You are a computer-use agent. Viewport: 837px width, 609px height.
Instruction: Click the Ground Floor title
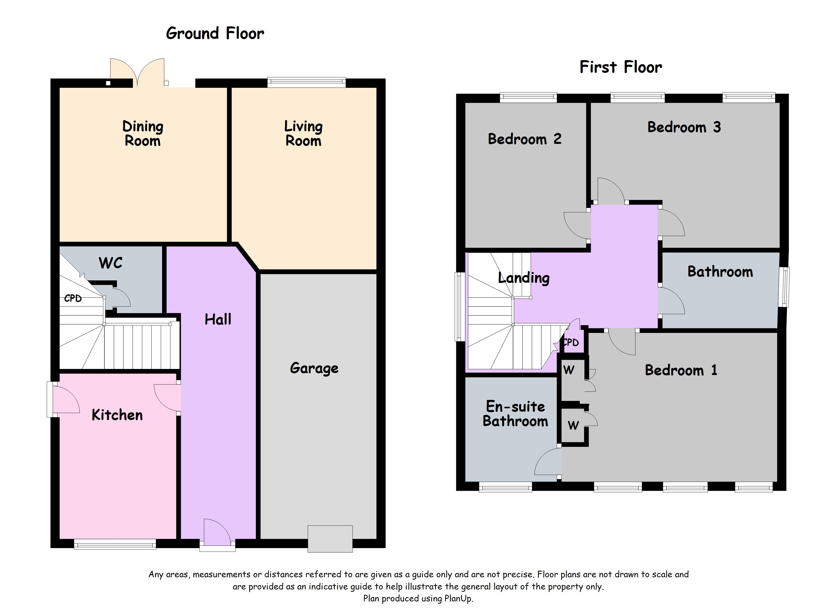(215, 33)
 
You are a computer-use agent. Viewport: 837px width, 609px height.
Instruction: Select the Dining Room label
(143, 134)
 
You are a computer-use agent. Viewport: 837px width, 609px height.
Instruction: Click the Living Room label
(303, 134)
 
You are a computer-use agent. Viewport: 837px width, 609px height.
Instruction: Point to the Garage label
(314, 368)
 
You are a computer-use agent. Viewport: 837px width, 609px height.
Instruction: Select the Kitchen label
(117, 415)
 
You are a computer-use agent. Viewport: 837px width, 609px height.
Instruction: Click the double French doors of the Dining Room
(137, 72)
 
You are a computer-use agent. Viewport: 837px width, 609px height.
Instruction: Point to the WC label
(110, 263)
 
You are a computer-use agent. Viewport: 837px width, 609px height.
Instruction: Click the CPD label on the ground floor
(73, 298)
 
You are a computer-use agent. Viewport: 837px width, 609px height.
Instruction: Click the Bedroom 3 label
(684, 127)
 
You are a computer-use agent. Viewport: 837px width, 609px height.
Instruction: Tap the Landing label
(524, 278)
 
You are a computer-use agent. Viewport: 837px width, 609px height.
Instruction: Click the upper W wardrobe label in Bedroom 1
(569, 370)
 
